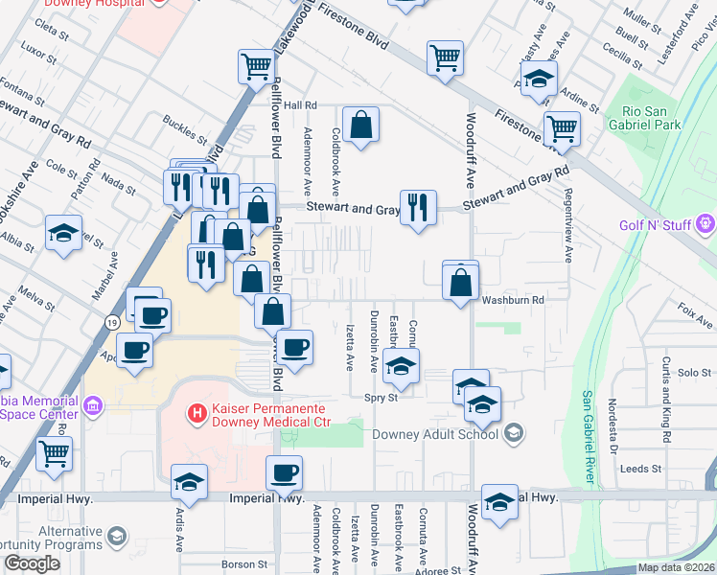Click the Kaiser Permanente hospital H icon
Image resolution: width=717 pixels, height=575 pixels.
(x=196, y=414)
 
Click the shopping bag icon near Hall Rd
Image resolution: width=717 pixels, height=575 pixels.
(x=360, y=125)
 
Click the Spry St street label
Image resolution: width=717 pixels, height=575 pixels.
(x=380, y=398)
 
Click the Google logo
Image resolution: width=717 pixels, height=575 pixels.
(x=32, y=563)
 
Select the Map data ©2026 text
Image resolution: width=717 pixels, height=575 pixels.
(x=676, y=567)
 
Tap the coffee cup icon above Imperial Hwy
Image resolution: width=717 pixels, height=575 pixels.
(x=285, y=472)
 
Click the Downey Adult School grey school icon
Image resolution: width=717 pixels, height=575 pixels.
(x=514, y=434)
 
